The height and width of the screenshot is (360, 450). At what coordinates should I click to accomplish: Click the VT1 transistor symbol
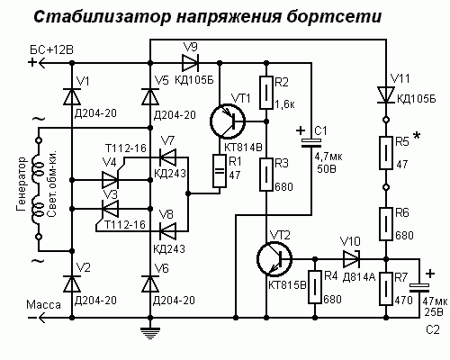tap(228, 121)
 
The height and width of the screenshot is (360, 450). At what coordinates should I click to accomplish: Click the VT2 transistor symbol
tap(274, 258)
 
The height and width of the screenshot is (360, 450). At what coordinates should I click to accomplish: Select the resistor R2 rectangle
tap(266, 93)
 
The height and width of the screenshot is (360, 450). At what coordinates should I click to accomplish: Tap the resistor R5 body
tap(386, 153)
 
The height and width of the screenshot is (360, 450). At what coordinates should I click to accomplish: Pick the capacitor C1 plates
tap(311, 143)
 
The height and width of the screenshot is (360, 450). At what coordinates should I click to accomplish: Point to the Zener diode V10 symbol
tap(352, 258)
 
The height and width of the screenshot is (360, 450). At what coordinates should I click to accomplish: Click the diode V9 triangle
tap(190, 63)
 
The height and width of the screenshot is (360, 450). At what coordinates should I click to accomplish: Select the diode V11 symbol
tap(386, 94)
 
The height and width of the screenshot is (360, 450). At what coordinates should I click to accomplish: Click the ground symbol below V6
tap(150, 332)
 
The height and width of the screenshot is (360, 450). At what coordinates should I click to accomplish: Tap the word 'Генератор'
tap(22, 184)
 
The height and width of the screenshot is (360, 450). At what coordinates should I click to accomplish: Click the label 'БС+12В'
tap(51, 49)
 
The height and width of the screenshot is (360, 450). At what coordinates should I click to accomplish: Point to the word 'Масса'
tap(43, 305)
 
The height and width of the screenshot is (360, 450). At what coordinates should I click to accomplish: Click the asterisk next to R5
tap(417, 136)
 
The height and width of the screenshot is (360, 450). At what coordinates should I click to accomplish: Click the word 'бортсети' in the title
tap(334, 16)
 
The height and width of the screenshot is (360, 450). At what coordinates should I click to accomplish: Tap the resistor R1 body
tap(220, 171)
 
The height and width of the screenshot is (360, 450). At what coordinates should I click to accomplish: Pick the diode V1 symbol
tap(72, 96)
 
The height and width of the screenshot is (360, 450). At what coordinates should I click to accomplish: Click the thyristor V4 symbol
tap(111, 179)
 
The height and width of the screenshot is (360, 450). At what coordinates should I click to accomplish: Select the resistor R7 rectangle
tap(386, 289)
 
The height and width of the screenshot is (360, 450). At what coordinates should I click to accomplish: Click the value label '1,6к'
tap(284, 104)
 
